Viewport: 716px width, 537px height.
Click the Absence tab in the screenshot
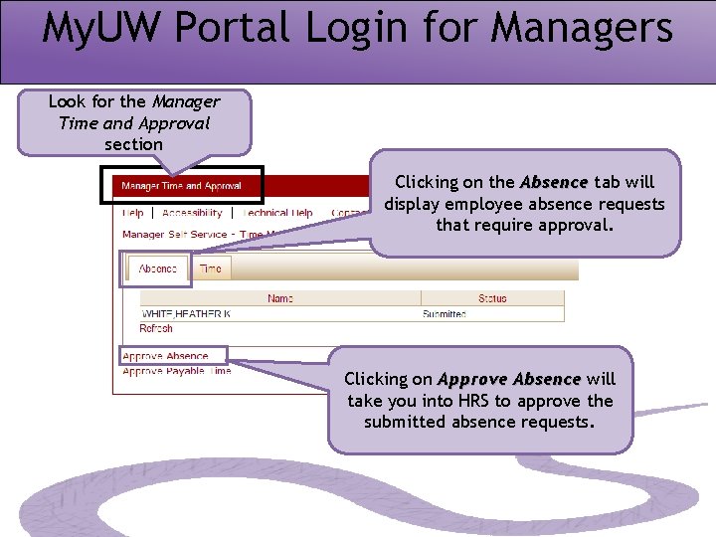click(x=158, y=268)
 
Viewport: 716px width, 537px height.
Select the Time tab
click(x=211, y=268)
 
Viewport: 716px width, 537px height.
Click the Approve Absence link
click(x=165, y=356)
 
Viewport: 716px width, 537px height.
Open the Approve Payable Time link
click(x=177, y=371)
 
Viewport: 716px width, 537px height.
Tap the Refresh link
click(x=156, y=328)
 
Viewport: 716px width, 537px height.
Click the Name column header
click(x=280, y=298)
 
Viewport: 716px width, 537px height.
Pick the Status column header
click(x=492, y=298)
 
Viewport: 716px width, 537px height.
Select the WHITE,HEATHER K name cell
click(x=187, y=314)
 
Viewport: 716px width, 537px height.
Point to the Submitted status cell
click(x=445, y=314)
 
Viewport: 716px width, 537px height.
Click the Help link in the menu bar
click(x=132, y=213)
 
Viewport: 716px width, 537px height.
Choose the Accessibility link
click(x=192, y=213)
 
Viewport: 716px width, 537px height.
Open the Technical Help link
click(x=277, y=213)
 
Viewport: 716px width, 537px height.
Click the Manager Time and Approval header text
click(x=181, y=186)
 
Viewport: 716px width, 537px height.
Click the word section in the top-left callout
click(x=133, y=144)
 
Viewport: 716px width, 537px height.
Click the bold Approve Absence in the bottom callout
click(x=509, y=379)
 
